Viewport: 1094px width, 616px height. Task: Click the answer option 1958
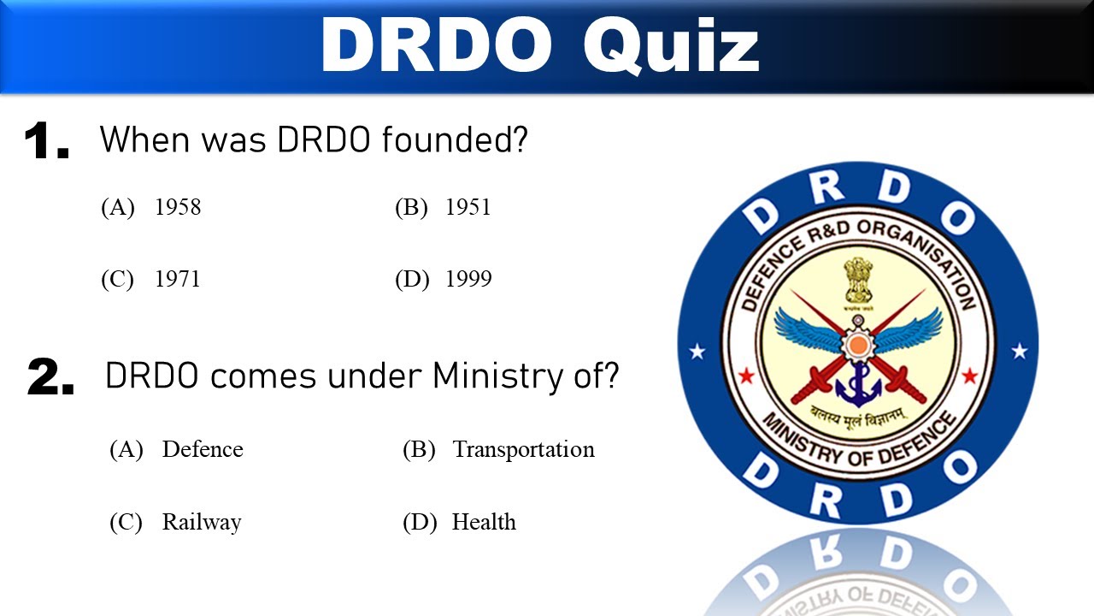pos(177,207)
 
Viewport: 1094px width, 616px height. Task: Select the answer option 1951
pos(468,207)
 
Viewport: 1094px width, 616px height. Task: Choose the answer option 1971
pos(177,280)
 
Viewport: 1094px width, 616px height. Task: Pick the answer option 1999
pos(468,280)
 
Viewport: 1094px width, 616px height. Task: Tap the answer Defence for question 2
pos(203,449)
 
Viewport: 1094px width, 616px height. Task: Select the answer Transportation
pos(523,449)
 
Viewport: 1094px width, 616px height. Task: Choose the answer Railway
pos(202,522)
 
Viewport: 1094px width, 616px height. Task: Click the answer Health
pos(484,522)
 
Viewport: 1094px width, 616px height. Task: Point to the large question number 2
pos(50,378)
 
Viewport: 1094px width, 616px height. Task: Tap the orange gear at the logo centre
pos(857,345)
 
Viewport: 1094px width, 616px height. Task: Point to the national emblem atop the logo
pos(858,283)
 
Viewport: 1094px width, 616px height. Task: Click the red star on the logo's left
pos(745,376)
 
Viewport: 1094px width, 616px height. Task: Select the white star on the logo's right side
pos(1019,351)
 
